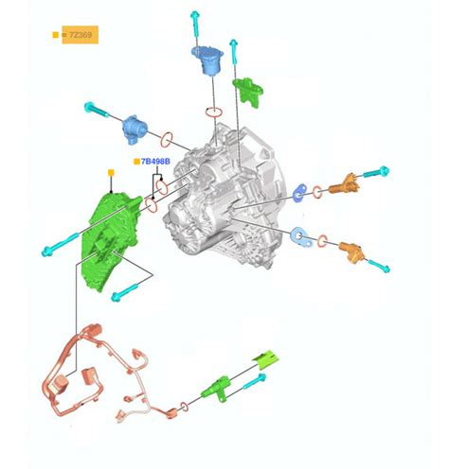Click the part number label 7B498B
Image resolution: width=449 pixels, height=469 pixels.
[155, 162]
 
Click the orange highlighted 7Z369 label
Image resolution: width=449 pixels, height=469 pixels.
[80, 35]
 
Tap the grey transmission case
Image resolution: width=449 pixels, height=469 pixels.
[224, 197]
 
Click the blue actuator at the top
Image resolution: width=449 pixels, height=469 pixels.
[207, 60]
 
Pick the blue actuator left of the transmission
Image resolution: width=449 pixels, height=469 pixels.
[135, 129]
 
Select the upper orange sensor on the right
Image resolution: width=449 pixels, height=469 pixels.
[344, 183]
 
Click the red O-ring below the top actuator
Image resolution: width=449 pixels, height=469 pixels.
[214, 113]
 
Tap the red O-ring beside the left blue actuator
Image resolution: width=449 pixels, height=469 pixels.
[167, 140]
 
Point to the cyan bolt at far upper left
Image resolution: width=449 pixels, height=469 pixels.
[98, 110]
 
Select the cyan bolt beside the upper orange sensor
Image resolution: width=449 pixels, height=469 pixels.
[376, 172]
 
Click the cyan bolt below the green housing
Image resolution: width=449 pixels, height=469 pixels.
[125, 292]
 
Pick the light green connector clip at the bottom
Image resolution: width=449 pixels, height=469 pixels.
[266, 359]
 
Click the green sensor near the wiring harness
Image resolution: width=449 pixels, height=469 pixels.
[216, 389]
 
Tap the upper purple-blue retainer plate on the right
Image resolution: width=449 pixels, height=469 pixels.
[300, 193]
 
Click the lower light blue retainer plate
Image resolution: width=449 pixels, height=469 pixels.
[301, 237]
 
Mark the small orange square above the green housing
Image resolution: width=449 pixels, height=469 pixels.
[111, 173]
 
